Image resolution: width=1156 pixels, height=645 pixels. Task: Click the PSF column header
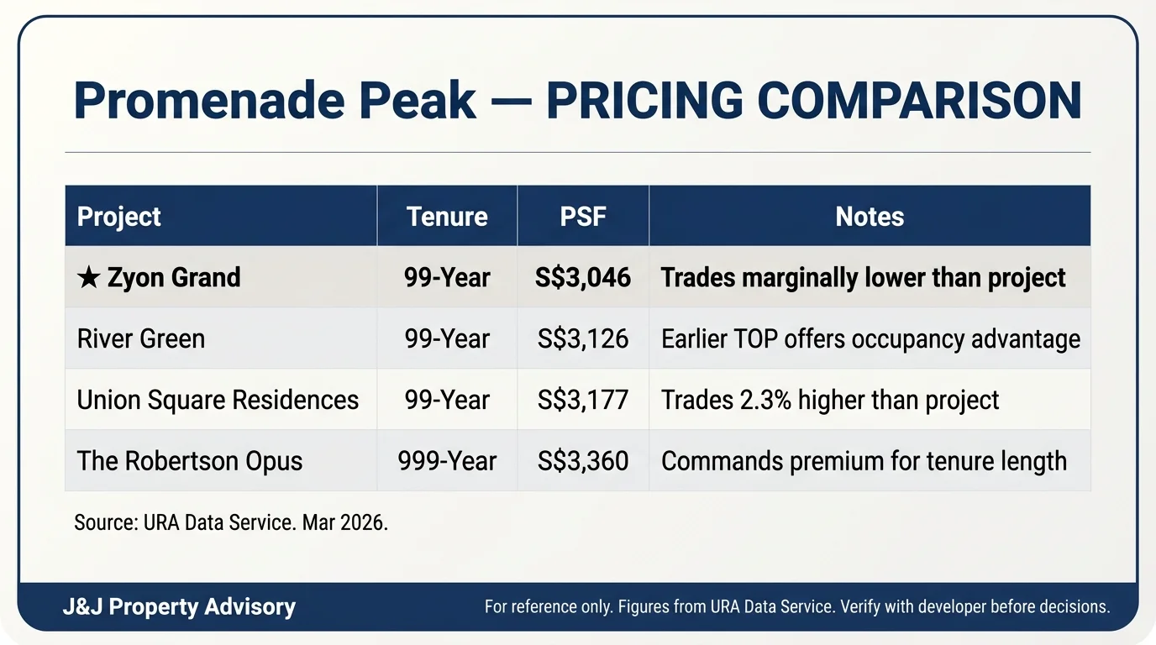click(583, 217)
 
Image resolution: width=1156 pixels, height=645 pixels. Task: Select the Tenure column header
click(447, 217)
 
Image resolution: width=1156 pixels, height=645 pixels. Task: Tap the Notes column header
click(870, 217)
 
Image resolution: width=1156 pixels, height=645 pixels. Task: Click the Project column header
click(118, 217)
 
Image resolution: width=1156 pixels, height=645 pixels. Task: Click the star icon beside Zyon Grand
click(87, 277)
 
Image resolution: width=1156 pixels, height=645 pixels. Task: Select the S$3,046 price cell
click(583, 277)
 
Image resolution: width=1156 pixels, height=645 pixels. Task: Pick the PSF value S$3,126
click(583, 338)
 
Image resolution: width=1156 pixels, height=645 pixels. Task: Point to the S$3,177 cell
click(583, 400)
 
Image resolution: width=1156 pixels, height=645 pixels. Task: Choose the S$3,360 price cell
click(583, 461)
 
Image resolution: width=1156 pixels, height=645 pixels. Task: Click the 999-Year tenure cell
click(447, 461)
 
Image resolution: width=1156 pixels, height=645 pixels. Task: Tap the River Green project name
click(140, 338)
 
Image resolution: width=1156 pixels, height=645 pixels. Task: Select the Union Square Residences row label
click(218, 400)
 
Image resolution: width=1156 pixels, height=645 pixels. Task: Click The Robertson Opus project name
click(190, 461)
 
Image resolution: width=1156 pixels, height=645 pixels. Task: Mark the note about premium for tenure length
click(864, 461)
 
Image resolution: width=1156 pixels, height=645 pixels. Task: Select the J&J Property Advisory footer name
click(179, 607)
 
